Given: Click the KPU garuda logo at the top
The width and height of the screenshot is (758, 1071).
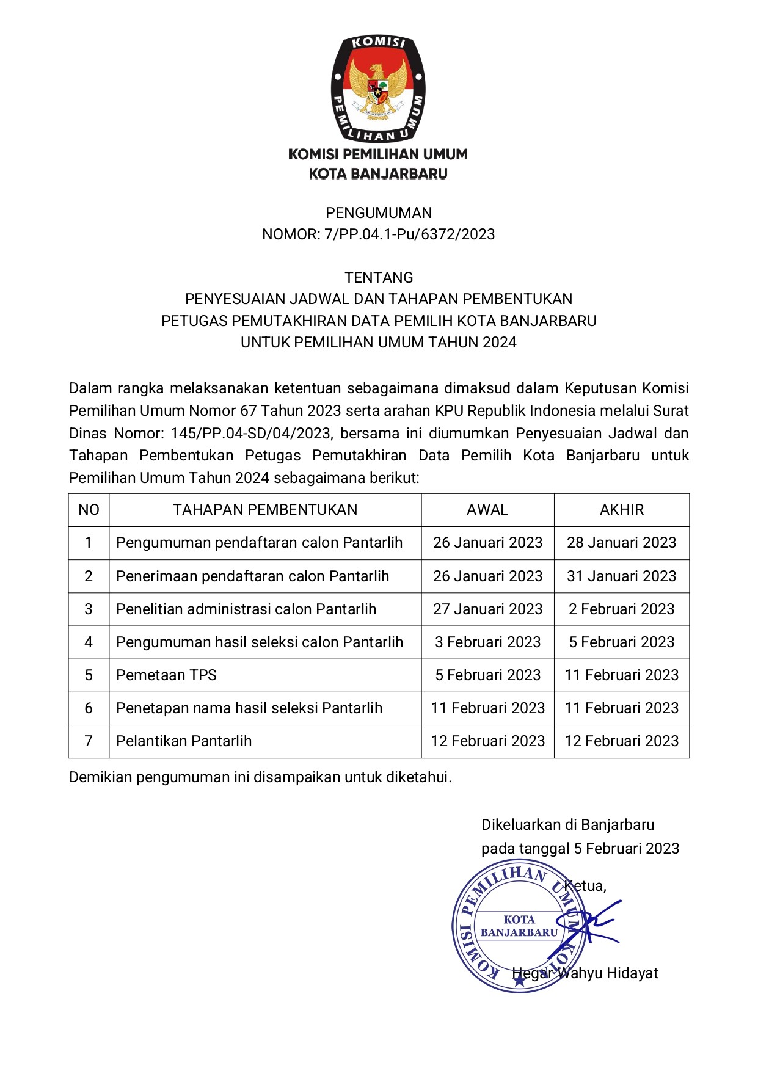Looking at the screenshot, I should click(x=378, y=89).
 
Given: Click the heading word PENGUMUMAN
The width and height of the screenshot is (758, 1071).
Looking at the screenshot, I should click(x=379, y=213).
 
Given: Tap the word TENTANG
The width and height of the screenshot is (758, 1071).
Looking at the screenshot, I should click(x=379, y=278).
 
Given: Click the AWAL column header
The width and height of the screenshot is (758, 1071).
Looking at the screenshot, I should click(x=487, y=510).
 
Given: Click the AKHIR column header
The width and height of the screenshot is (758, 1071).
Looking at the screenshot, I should click(x=622, y=510).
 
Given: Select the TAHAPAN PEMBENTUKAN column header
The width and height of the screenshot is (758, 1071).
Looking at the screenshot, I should click(x=265, y=510).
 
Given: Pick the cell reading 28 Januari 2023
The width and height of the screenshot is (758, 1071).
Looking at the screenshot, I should click(x=622, y=543).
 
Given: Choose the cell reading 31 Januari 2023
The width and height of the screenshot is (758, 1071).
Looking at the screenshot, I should click(x=622, y=576).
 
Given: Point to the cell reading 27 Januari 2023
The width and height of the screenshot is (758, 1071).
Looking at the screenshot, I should click(x=487, y=609).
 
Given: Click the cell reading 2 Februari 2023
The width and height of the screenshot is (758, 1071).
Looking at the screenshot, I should click(x=622, y=609).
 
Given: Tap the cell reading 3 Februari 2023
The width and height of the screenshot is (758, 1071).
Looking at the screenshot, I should click(x=487, y=642).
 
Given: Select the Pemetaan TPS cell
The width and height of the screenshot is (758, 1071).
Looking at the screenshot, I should click(x=167, y=675).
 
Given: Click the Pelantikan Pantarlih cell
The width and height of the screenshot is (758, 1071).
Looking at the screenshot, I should click(x=184, y=741).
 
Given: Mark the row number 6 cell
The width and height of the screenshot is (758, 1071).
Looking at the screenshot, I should click(x=89, y=708).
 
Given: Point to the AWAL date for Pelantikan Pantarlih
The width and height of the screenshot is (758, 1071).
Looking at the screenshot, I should click(x=487, y=741).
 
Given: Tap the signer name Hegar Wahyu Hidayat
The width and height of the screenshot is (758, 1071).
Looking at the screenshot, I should click(x=585, y=973).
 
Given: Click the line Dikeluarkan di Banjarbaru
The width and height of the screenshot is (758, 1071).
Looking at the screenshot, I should click(x=567, y=825).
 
